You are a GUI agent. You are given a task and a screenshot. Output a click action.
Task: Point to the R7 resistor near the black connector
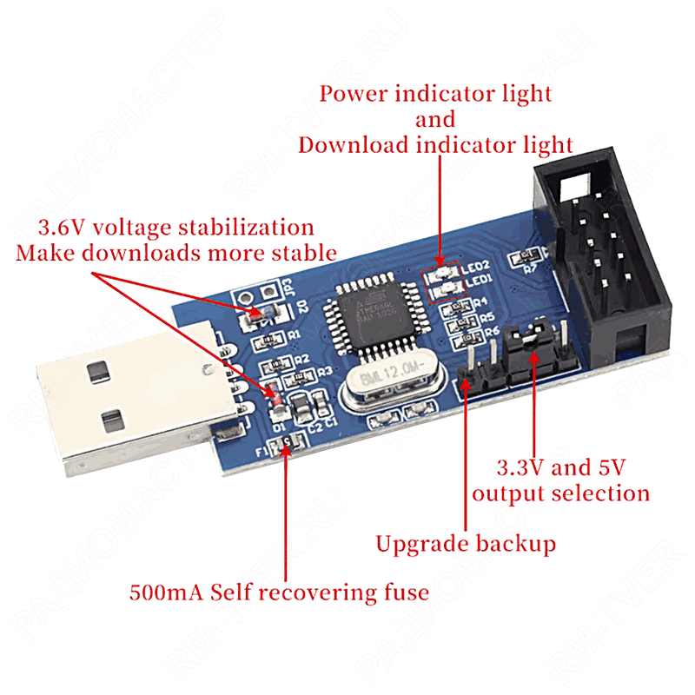[525, 257]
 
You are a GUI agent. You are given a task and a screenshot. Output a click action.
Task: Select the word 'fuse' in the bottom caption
[402, 592]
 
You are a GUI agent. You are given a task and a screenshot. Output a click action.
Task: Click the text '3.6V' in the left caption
[62, 228]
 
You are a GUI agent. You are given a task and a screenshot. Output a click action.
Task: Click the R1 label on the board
[294, 334]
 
